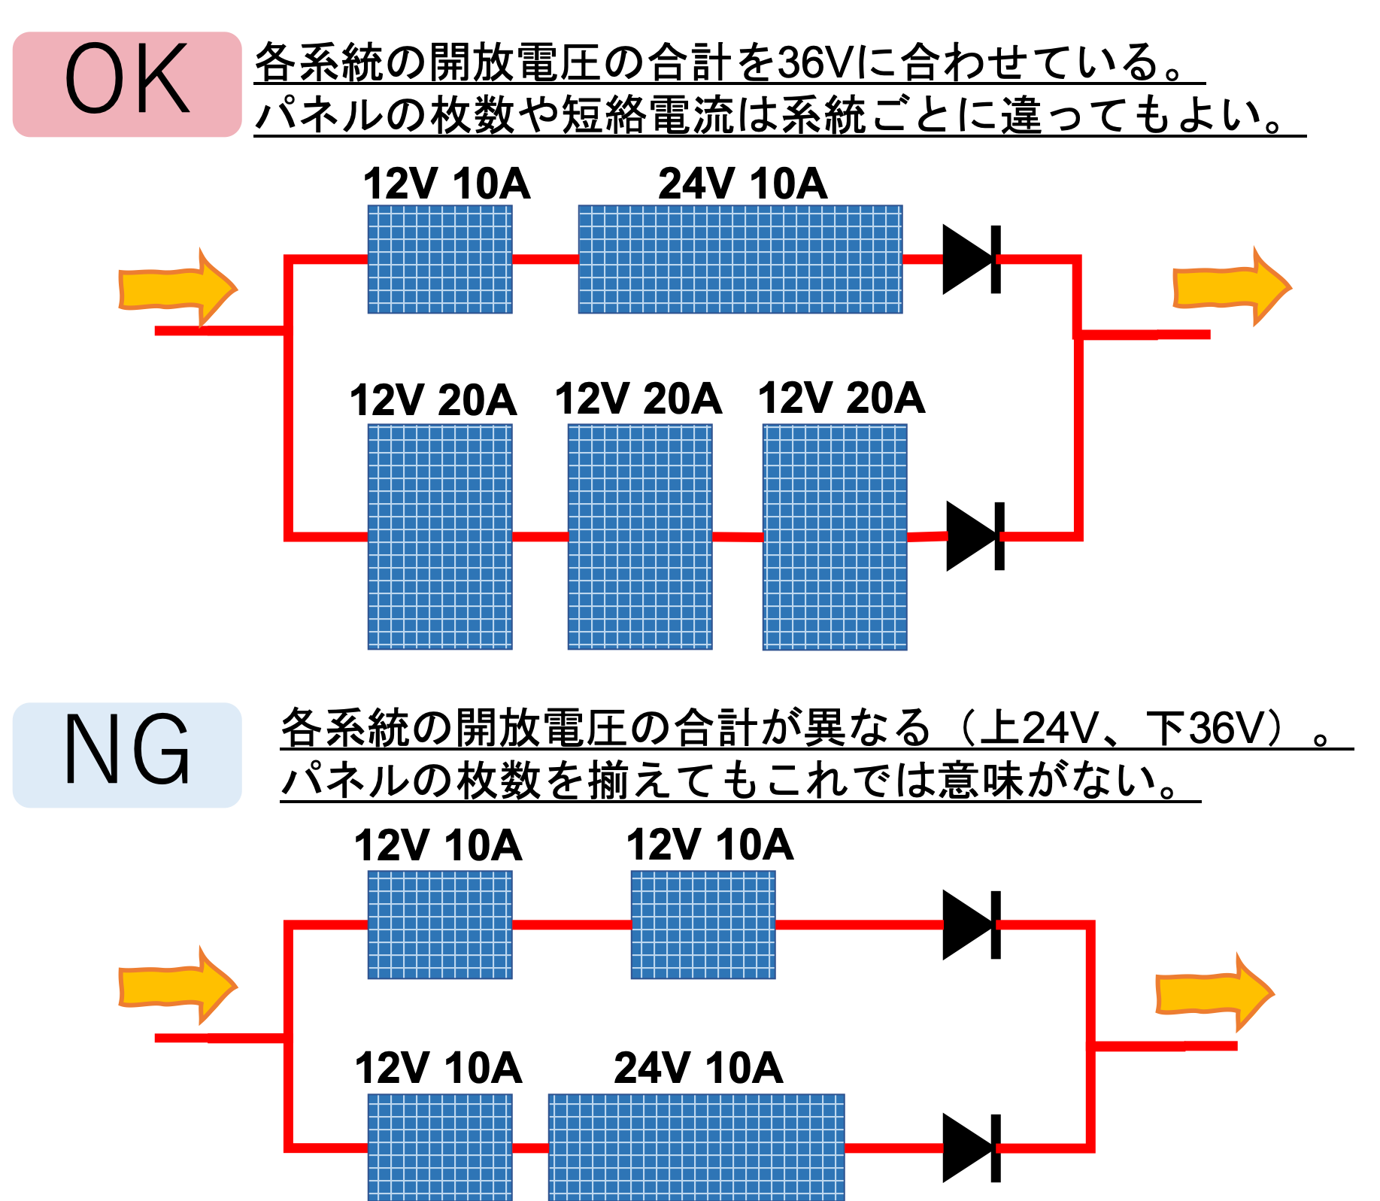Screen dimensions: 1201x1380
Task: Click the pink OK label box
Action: [x=126, y=84]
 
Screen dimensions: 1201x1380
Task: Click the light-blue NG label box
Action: [x=126, y=755]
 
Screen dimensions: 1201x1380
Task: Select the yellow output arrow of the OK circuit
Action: [x=1231, y=287]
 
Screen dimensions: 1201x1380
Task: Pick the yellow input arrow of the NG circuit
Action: [x=177, y=986]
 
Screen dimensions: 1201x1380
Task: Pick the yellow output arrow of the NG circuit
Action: [x=1214, y=993]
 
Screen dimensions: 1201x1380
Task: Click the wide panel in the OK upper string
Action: [x=740, y=259]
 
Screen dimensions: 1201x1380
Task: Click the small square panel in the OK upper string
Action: [x=440, y=259]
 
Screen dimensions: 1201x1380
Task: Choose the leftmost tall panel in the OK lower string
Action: [x=440, y=536]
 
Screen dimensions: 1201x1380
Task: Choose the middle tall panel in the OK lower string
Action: [x=640, y=536]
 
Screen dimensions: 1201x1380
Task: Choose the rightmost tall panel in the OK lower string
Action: [x=835, y=536]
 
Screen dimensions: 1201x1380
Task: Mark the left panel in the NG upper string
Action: [x=440, y=925]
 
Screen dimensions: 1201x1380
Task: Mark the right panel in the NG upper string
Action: [x=703, y=925]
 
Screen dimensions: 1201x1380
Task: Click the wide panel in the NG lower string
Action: [x=696, y=1147]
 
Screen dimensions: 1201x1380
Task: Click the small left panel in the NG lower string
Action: [x=440, y=1147]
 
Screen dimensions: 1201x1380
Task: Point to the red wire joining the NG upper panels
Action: [x=572, y=925]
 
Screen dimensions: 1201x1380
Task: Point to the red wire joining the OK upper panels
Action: [x=545, y=259]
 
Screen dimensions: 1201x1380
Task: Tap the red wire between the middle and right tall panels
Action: [x=737, y=537]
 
